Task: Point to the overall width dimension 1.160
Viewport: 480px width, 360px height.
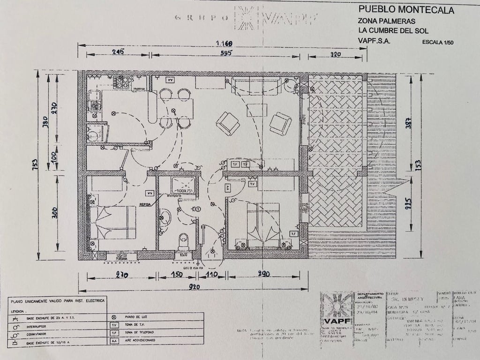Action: (224, 44)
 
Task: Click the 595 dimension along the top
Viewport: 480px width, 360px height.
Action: (226, 53)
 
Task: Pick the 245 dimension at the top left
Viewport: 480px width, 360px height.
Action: (118, 52)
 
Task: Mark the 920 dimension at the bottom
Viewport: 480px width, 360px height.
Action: (195, 287)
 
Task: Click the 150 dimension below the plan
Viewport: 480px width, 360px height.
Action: (176, 275)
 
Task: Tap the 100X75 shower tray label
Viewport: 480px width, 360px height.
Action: (185, 191)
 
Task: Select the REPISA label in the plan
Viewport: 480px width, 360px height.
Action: (145, 204)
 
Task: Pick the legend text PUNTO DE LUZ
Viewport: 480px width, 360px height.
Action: (139, 317)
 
